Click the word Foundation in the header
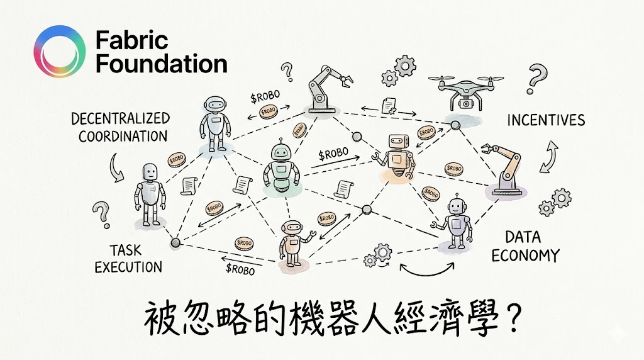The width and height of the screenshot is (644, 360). point(161,64)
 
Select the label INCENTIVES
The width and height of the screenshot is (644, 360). point(547,120)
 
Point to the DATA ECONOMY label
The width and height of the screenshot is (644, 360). point(525,246)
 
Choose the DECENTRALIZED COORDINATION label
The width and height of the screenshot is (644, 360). point(120,127)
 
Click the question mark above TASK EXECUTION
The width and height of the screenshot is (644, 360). point(100,215)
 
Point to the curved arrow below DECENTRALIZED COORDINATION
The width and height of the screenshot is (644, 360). point(115,167)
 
